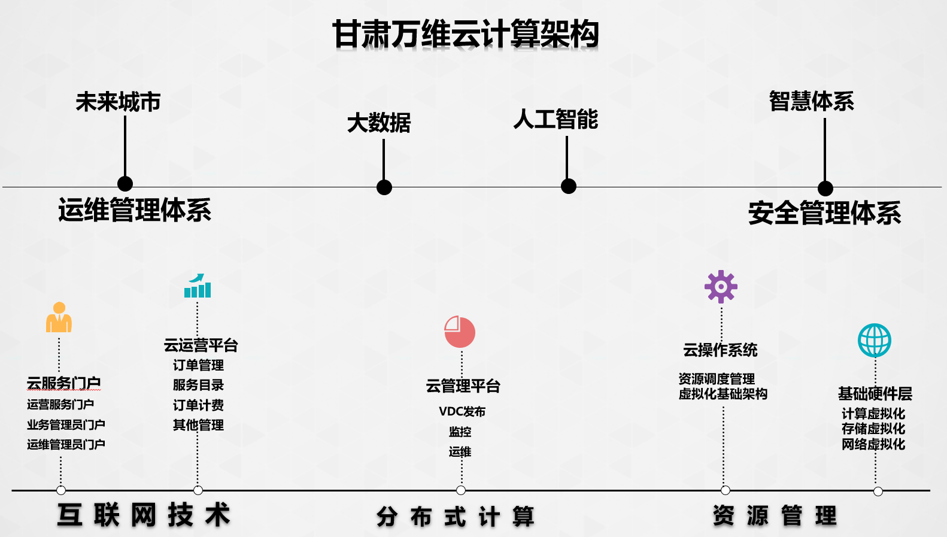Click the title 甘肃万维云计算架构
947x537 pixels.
[466, 34]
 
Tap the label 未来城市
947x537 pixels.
[118, 102]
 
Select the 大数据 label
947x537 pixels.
[379, 123]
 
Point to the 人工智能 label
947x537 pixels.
[556, 119]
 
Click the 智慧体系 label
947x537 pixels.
[811, 101]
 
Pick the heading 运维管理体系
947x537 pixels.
[135, 210]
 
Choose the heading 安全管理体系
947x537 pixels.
[824, 213]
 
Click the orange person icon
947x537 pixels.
[59, 318]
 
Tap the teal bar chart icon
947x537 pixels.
[198, 286]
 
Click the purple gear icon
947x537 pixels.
[721, 287]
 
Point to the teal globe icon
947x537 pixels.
[875, 341]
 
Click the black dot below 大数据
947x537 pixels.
[384, 187]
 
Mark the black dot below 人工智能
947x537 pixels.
[569, 186]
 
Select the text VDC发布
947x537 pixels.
[462, 412]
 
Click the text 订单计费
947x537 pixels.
[198, 405]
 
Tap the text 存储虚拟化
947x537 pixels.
[873, 429]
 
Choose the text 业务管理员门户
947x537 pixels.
[66, 424]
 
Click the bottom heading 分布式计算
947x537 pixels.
[456, 517]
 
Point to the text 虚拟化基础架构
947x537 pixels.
[723, 394]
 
